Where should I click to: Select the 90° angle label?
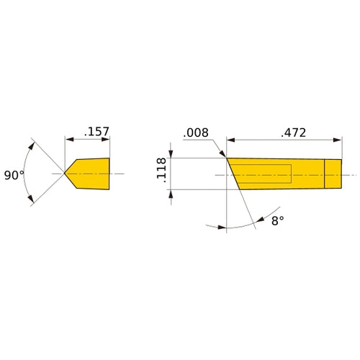[x=14, y=175]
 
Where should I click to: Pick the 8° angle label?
[x=278, y=222]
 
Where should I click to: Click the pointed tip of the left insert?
[x=66, y=174]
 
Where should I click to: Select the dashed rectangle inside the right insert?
[x=265, y=174]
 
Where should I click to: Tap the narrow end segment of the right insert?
[x=331, y=174]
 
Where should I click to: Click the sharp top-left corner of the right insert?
[x=228, y=159]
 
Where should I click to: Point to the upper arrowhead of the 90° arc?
[x=32, y=144]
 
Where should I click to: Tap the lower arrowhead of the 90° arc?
[x=32, y=204]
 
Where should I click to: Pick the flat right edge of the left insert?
[x=109, y=174]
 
